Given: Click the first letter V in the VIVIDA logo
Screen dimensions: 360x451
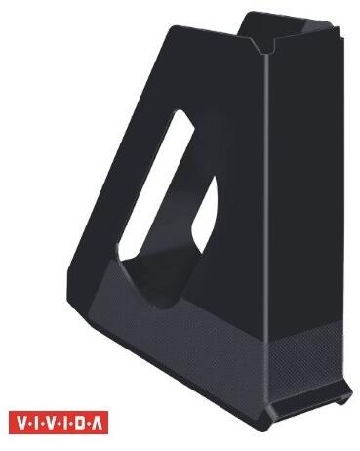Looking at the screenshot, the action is pos(20,423).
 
